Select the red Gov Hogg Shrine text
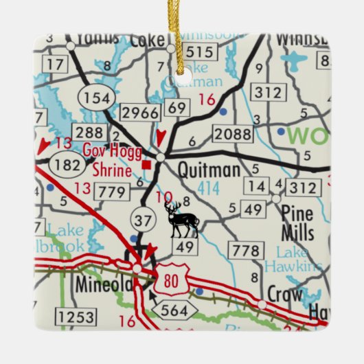tap(107, 159)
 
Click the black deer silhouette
tap(182, 218)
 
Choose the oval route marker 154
tap(95, 98)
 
